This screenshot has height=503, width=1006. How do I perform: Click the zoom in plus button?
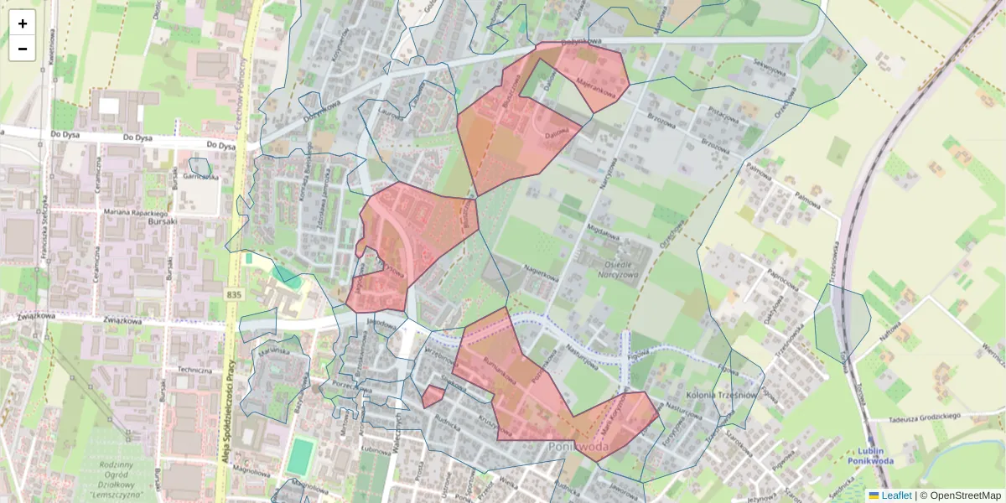tap(23, 23)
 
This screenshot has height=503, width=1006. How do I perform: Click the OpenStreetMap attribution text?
tap(965, 495)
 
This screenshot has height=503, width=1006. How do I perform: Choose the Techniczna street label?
tap(194, 370)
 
